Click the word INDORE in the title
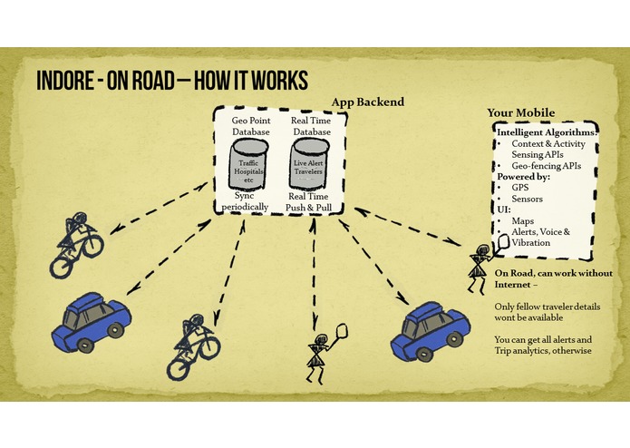click(64, 80)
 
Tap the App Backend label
click(368, 102)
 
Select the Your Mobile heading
click(520, 112)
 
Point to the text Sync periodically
click(245, 201)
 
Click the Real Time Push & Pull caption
click(308, 201)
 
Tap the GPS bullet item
click(520, 188)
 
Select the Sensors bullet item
click(528, 199)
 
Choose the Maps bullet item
click(523, 221)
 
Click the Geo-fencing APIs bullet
click(547, 166)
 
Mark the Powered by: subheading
click(524, 176)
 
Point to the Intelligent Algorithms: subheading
click(547, 132)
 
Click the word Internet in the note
click(513, 285)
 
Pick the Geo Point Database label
click(251, 126)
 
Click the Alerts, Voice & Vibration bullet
click(541, 237)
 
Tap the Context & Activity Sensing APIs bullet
click(548, 149)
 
